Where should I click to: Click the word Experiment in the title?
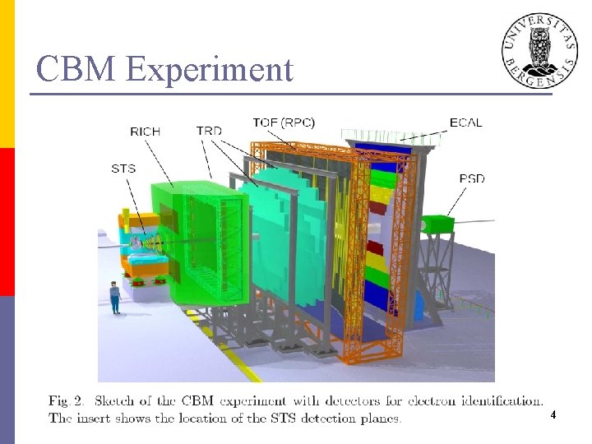(x=210, y=71)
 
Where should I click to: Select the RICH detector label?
(x=146, y=131)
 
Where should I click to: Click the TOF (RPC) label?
(x=284, y=123)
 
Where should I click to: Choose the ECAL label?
(x=465, y=123)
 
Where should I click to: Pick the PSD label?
(x=472, y=178)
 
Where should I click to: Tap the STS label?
(x=123, y=169)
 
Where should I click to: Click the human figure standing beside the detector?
(x=115, y=297)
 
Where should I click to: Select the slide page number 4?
(x=553, y=416)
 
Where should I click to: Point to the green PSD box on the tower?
(x=437, y=224)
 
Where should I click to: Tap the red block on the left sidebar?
(x=7, y=221)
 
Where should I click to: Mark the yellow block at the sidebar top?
(x=7, y=74)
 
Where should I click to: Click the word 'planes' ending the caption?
(x=378, y=419)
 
